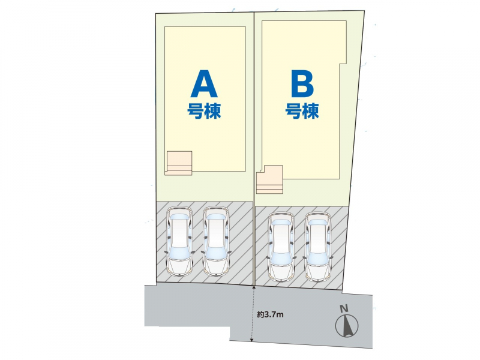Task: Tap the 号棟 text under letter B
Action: tap(302, 111)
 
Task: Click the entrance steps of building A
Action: tap(179, 163)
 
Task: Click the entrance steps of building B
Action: tap(269, 179)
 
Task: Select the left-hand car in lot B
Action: tap(281, 246)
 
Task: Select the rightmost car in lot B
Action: tap(317, 246)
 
